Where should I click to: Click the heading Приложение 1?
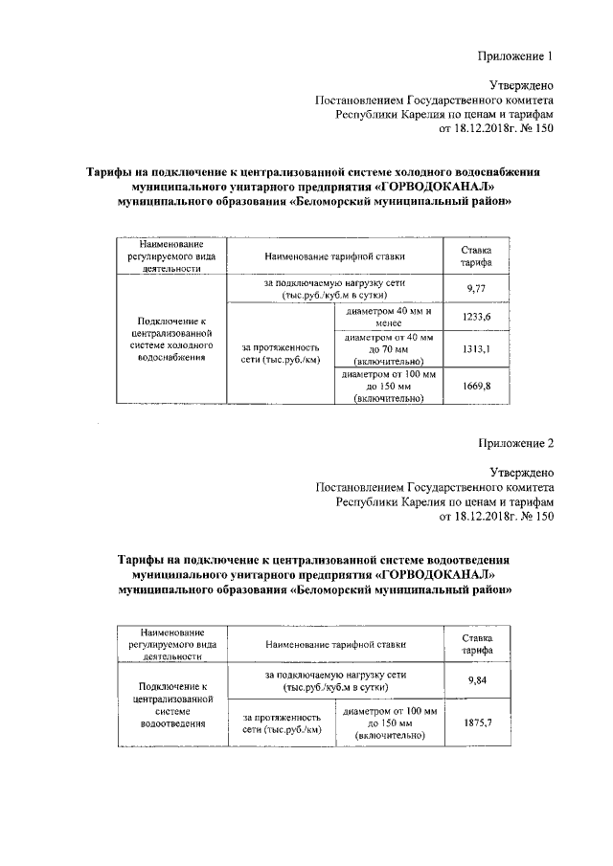[x=516, y=56]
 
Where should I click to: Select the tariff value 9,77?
[x=477, y=288]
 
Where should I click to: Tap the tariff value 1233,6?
[x=477, y=317]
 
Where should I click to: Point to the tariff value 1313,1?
[x=477, y=349]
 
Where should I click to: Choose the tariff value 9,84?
[x=477, y=679]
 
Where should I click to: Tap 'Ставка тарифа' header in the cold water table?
[x=477, y=255]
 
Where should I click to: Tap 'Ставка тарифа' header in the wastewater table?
[x=477, y=643]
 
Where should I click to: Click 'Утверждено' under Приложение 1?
[x=521, y=85]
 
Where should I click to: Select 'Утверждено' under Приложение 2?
[x=521, y=472]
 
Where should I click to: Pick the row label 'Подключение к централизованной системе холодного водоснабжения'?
[x=171, y=338]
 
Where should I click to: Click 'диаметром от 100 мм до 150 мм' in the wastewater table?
[x=388, y=724]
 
